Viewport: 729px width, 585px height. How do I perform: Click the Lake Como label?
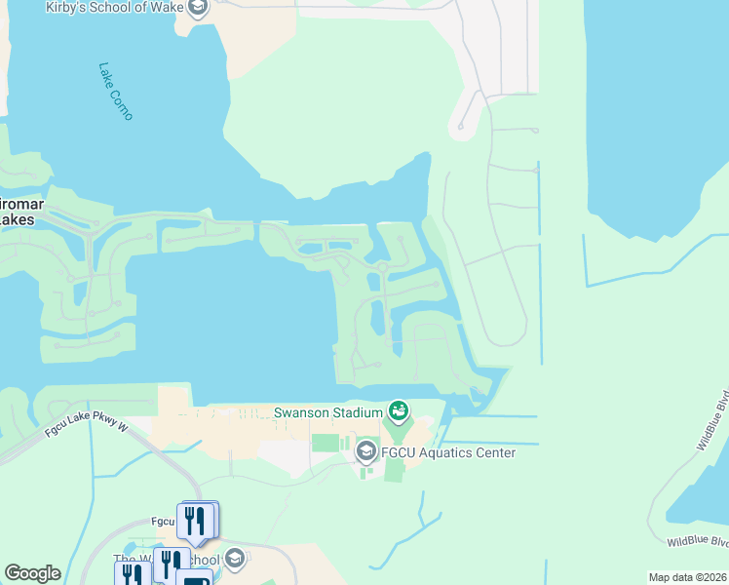click(x=115, y=91)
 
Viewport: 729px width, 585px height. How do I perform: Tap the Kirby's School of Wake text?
click(x=115, y=8)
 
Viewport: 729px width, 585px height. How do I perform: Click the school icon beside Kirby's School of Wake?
click(x=199, y=9)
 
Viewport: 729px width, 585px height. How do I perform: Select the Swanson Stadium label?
click(x=327, y=412)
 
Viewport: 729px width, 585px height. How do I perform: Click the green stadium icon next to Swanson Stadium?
click(x=398, y=411)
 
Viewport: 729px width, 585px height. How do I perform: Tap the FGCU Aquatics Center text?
click(x=447, y=452)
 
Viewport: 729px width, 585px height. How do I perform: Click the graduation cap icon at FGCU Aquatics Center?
click(x=366, y=450)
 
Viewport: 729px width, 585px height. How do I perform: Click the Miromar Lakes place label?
click(x=16, y=213)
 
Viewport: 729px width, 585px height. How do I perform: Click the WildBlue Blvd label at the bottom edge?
click(x=697, y=540)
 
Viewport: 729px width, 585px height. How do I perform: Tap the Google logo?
click(x=32, y=573)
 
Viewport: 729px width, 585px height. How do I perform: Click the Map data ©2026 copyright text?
click(x=688, y=577)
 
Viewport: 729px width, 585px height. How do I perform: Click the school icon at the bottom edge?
click(x=234, y=559)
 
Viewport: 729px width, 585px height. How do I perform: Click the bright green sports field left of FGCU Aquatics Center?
click(x=325, y=443)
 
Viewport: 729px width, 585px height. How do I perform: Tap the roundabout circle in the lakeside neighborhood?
click(x=383, y=267)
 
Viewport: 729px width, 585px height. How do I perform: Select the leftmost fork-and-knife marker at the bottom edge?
click(x=131, y=574)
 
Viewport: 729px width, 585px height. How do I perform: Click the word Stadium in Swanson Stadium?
click(x=355, y=412)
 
